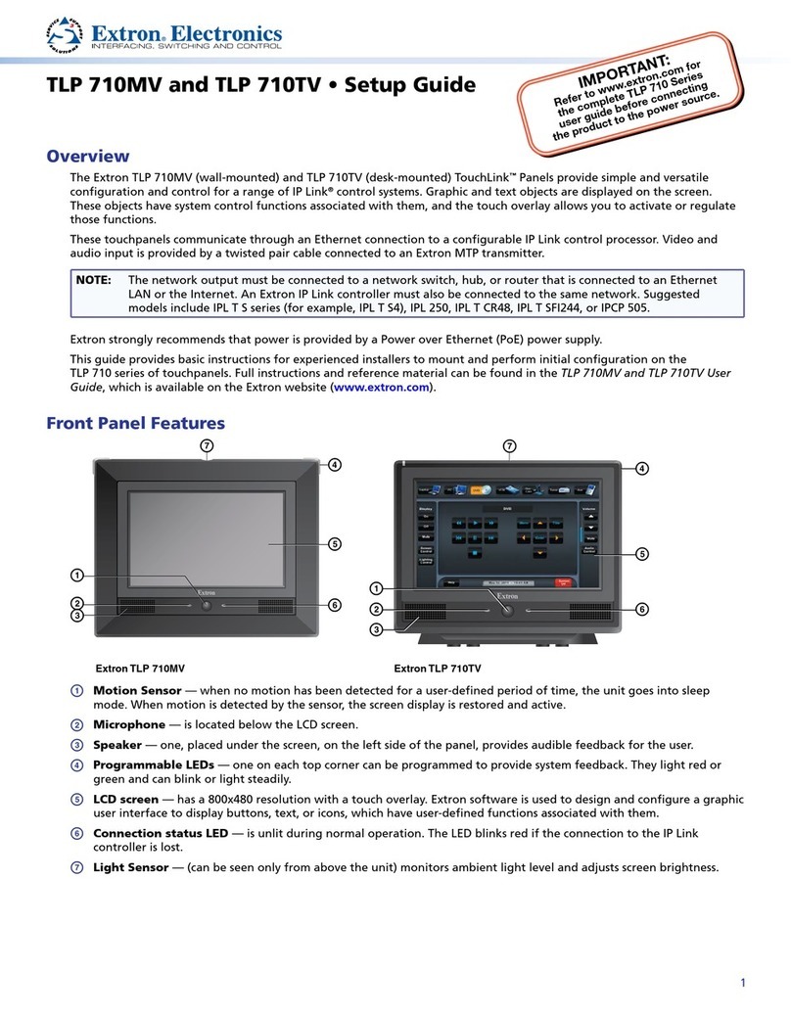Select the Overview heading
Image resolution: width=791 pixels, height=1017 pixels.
88,157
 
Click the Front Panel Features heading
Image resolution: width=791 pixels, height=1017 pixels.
136,423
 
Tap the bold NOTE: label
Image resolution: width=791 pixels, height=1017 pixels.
95,280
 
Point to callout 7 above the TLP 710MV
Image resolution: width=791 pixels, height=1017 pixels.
207,446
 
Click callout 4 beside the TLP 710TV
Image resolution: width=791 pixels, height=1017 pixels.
642,468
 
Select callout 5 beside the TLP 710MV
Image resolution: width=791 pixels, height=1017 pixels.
334,544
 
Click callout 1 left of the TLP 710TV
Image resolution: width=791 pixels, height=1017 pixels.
376,587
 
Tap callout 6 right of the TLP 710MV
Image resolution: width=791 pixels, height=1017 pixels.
334,605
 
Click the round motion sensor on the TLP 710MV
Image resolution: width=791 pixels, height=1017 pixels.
207,606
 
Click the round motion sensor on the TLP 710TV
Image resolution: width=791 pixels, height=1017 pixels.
507,610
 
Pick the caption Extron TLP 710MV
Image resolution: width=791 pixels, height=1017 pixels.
139,669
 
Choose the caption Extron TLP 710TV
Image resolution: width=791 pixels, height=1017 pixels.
438,669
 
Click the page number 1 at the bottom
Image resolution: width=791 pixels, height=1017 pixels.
743,983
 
